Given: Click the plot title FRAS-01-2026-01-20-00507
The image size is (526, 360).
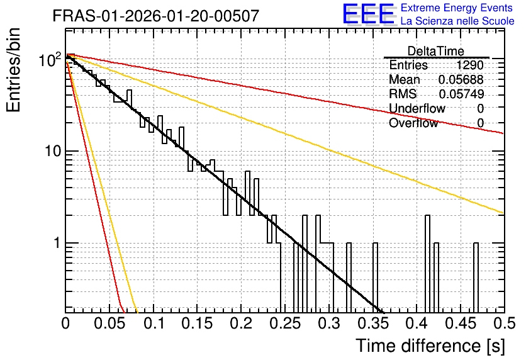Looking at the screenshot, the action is click(x=156, y=16).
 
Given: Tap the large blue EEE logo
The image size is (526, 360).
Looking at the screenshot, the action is click(x=369, y=14).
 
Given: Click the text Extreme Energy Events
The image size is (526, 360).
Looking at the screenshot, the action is click(x=457, y=8).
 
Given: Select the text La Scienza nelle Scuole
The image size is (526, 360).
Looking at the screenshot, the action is click(x=457, y=21).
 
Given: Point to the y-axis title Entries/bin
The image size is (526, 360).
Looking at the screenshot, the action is click(x=13, y=70).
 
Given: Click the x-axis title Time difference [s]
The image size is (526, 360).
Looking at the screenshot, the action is click(x=430, y=346).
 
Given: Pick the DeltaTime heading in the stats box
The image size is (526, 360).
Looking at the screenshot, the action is click(x=436, y=51).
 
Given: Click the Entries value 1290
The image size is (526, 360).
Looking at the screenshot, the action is click(x=469, y=65).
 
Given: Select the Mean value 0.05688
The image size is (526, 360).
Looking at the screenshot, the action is click(x=461, y=79).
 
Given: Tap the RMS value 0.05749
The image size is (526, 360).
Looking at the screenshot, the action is click(x=461, y=94).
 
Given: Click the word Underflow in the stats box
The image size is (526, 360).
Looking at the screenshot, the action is click(x=417, y=108).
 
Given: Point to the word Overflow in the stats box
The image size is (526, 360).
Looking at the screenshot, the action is click(x=413, y=123).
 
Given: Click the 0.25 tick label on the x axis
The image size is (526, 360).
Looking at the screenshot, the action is click(x=286, y=323).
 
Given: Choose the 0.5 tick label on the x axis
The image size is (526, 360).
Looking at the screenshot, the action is click(x=504, y=323).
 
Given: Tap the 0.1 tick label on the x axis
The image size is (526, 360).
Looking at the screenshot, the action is click(x=154, y=323).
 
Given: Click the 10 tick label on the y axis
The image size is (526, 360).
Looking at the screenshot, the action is click(x=53, y=151).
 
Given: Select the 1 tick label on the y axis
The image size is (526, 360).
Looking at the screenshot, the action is click(x=57, y=242).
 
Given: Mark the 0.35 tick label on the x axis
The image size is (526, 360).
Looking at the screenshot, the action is click(x=373, y=323).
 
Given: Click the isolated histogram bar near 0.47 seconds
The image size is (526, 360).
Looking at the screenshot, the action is click(x=476, y=277).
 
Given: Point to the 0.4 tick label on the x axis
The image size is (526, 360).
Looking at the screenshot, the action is click(x=417, y=323).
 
